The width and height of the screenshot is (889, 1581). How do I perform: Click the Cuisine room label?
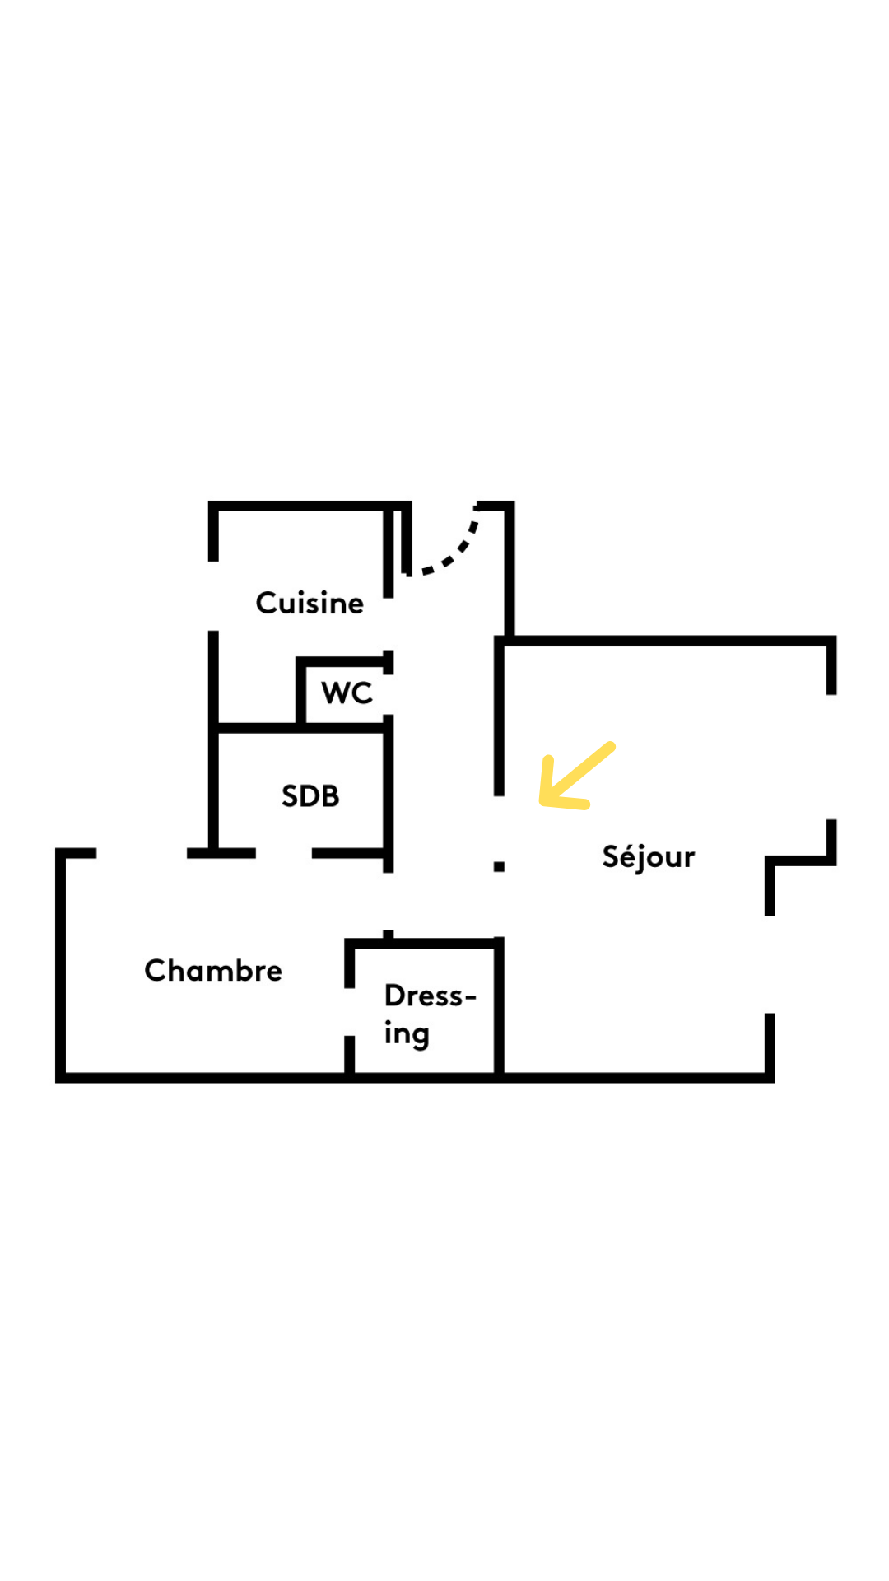pyautogui.click(x=310, y=603)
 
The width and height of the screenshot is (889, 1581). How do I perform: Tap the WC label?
pyautogui.click(x=347, y=693)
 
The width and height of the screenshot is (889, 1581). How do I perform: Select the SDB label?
pyautogui.click(x=310, y=796)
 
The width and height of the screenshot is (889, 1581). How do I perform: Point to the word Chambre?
pyautogui.click(x=213, y=971)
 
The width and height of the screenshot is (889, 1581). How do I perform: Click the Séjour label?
pyautogui.click(x=648, y=857)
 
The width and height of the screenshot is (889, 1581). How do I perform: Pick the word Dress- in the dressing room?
pyautogui.click(x=430, y=996)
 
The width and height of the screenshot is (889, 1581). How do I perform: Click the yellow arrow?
pyautogui.click(x=575, y=774)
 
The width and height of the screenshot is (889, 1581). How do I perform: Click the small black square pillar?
pyautogui.click(x=499, y=866)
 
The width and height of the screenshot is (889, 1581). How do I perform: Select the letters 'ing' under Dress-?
pyautogui.click(x=407, y=1034)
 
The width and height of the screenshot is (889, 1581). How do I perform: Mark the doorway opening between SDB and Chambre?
pyautogui.click(x=283, y=853)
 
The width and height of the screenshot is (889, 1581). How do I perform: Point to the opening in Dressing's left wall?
pyautogui.click(x=349, y=1012)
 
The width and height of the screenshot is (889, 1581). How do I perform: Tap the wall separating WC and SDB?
pyautogui.click(x=342, y=728)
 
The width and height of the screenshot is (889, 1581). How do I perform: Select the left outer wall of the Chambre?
pyautogui.click(x=61, y=963)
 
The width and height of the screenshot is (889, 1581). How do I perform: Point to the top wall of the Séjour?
pyautogui.click(x=667, y=641)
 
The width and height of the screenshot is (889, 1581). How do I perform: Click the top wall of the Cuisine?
pyautogui.click(x=309, y=506)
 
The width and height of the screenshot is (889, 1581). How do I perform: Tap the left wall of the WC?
pyautogui.click(x=300, y=692)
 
